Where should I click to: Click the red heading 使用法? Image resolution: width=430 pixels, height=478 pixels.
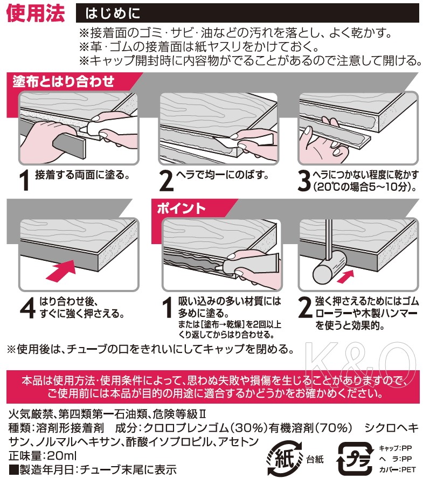point(36,13)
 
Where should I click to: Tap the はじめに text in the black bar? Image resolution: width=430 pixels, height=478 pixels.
point(113,13)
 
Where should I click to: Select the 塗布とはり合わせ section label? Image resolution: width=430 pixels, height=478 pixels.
point(64,81)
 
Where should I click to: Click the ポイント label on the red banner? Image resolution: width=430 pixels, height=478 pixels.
point(182,209)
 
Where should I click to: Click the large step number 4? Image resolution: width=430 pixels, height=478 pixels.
point(27,308)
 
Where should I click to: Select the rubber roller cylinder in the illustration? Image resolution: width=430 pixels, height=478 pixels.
point(330,269)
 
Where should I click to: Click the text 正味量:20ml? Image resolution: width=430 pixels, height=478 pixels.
point(43,456)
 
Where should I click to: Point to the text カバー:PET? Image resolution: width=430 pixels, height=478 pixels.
point(397,469)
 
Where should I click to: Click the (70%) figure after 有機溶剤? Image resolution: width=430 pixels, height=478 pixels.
point(333,428)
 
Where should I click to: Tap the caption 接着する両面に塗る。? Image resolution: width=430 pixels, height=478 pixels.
point(82,175)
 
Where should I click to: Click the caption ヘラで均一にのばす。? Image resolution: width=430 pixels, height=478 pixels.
point(223,175)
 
